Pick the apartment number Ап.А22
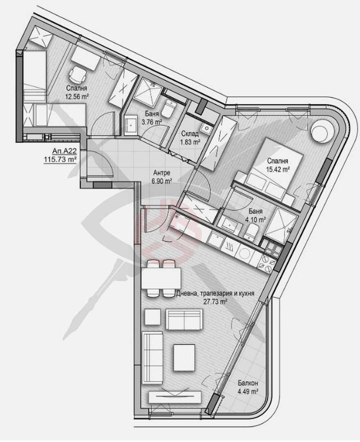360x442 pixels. tap(62, 151)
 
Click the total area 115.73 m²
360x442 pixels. tap(61, 159)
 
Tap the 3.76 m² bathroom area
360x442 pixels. tap(151, 122)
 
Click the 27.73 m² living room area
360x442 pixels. tap(215, 302)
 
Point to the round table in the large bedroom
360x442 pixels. tap(322, 132)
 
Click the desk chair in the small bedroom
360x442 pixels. tap(77, 74)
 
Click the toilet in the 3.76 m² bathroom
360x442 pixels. tap(168, 109)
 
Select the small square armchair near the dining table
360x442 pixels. tap(153, 317)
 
